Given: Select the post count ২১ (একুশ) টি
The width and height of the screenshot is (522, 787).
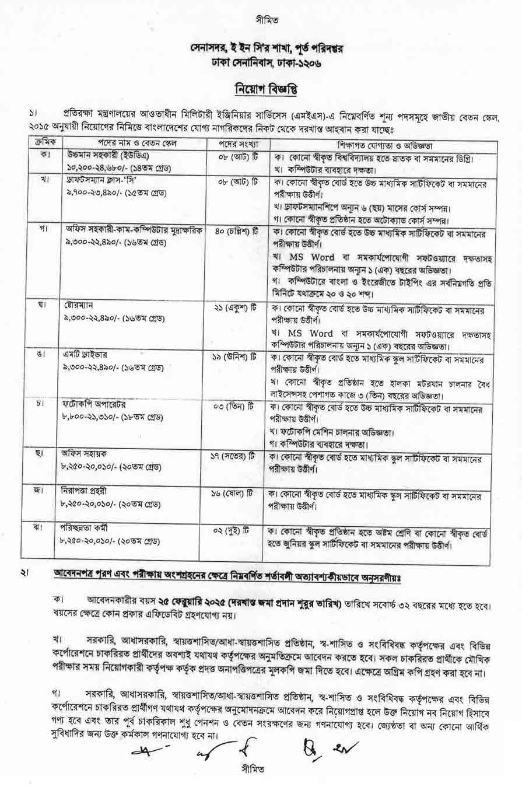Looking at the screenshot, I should pyautogui.click(x=237, y=306).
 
